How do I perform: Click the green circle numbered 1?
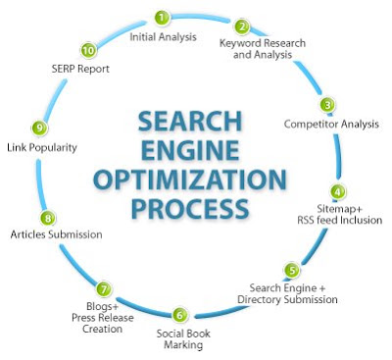point(162,18)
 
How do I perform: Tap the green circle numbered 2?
point(242,26)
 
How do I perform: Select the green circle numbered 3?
point(327,105)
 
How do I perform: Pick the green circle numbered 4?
point(337,192)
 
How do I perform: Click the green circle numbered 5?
point(292,270)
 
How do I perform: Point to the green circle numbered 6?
point(179,315)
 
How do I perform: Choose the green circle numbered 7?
point(104,289)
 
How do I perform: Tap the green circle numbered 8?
point(48,218)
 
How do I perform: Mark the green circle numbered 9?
point(39,128)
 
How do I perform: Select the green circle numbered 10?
point(88,51)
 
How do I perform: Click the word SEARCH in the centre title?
point(190,122)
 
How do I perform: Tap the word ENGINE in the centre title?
point(190,150)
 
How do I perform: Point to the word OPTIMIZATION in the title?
point(190,180)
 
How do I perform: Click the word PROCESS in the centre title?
point(190,208)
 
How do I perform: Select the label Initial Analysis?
point(163,37)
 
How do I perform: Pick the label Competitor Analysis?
point(331,125)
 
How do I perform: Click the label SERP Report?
point(80,69)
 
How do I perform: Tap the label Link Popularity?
point(42,148)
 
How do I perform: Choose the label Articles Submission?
point(56,234)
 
